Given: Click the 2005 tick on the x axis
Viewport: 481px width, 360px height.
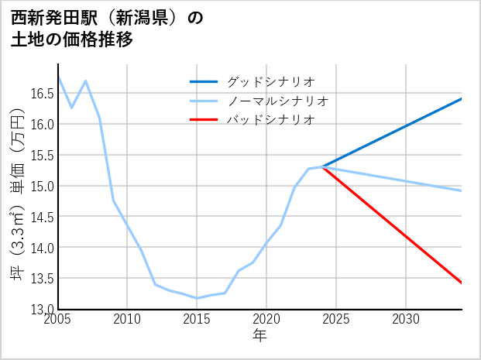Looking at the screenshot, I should click(58, 319).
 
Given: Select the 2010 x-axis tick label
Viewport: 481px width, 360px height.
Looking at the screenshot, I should click(128, 319).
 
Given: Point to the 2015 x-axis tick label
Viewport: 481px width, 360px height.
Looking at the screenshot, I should click(198, 319).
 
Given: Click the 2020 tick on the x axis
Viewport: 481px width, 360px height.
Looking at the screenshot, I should click(267, 319).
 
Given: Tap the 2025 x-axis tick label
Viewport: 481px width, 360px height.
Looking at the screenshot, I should click(337, 319).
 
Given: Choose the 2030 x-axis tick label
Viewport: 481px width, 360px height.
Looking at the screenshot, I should click(407, 319).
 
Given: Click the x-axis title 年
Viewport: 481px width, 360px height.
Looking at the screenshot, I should click(260, 335).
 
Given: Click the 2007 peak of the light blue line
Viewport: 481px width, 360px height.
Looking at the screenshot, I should click(86, 81).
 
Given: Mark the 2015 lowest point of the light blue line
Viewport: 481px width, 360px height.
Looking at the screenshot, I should click(197, 298).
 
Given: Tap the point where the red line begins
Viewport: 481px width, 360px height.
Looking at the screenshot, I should click(323, 166).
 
